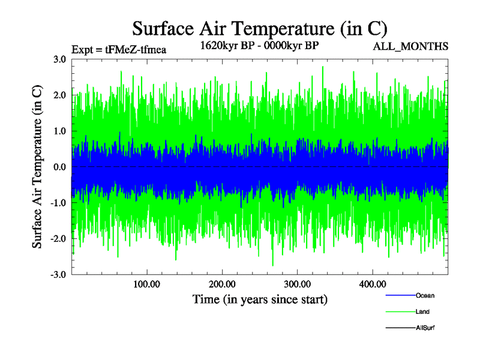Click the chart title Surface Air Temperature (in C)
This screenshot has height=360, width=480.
(x=260, y=28)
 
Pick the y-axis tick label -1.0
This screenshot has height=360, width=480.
(x=57, y=203)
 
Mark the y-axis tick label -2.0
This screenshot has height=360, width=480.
(x=57, y=239)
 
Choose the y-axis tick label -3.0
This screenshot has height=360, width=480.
(x=57, y=275)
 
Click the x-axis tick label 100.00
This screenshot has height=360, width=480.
(x=146, y=284)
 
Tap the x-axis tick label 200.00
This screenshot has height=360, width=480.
(x=222, y=284)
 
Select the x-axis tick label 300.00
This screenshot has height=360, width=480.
(x=297, y=284)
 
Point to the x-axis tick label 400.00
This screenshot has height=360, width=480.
(x=372, y=284)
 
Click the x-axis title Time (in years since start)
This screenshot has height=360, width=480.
(x=260, y=298)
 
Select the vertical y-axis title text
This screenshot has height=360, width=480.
(x=37, y=167)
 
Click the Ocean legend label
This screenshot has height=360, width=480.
(x=425, y=295)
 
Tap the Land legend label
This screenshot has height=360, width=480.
(x=422, y=311)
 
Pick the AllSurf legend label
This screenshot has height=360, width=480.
(x=425, y=328)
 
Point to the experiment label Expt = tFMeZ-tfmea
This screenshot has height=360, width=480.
(x=118, y=49)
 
